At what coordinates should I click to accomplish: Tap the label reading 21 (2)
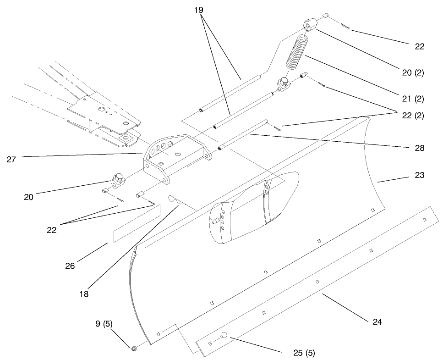click(x=413, y=99)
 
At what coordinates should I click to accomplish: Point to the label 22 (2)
click(x=413, y=116)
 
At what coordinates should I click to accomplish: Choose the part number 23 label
click(x=419, y=175)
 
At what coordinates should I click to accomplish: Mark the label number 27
click(x=12, y=160)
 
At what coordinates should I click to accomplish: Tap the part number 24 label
click(x=377, y=322)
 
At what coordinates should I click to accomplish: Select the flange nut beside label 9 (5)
click(x=134, y=349)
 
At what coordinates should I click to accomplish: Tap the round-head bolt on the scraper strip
click(x=225, y=336)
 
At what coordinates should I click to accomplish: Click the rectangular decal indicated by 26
click(x=136, y=223)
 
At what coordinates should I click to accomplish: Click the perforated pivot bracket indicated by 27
click(x=174, y=156)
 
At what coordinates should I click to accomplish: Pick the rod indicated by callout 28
click(x=243, y=135)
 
